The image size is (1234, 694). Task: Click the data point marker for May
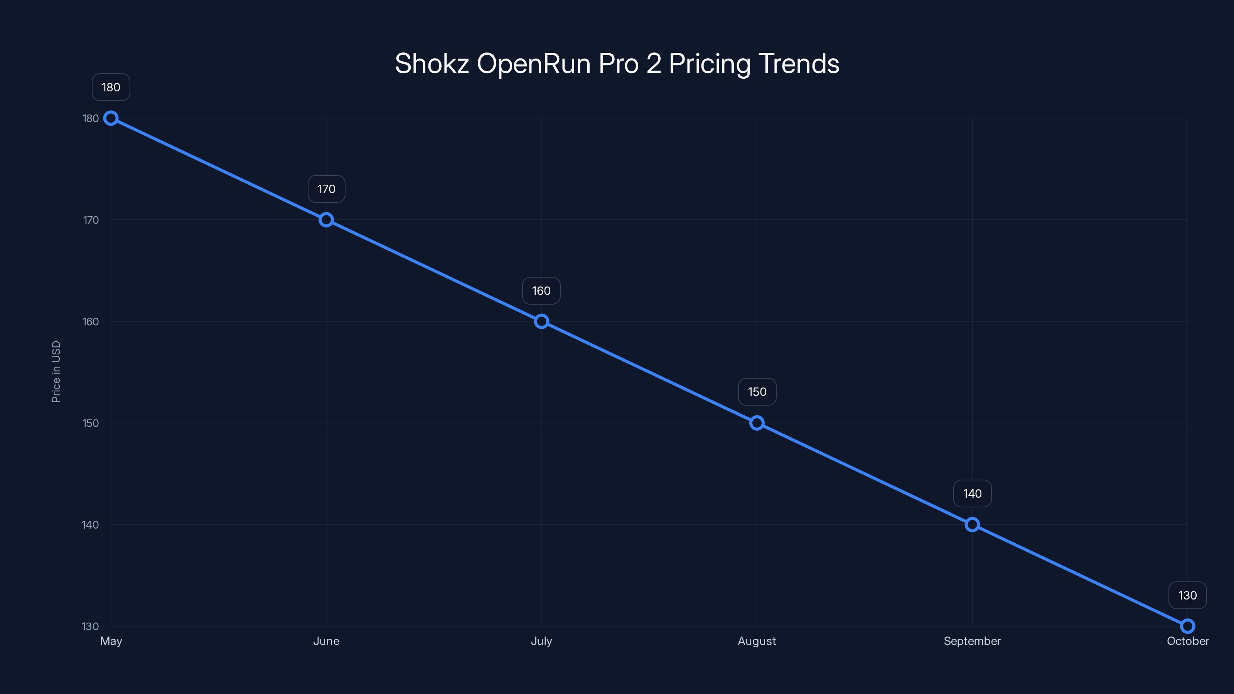tap(111, 118)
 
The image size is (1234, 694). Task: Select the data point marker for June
tap(326, 220)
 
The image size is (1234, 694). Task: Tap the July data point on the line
tap(541, 322)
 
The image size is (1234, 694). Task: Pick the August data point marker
tap(757, 423)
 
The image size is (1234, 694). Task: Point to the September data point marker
tap(972, 524)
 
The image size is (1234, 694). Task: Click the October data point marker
tap(1188, 626)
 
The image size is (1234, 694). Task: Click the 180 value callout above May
tap(111, 87)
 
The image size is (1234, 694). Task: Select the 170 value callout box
tap(326, 189)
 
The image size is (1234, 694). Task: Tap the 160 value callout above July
tap(541, 291)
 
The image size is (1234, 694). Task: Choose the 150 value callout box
tap(757, 392)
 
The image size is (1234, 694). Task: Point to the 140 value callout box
tap(972, 494)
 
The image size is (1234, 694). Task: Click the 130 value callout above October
tap(1188, 595)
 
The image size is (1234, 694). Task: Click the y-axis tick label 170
tap(91, 220)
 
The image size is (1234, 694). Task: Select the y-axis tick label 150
tap(91, 423)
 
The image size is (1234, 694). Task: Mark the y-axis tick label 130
tap(91, 627)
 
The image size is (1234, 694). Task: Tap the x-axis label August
tap(757, 641)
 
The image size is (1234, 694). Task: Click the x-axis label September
tap(972, 641)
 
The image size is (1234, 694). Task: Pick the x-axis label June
tap(326, 641)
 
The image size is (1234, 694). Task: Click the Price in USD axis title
tap(56, 372)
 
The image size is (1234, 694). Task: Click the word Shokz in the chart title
tap(432, 64)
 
